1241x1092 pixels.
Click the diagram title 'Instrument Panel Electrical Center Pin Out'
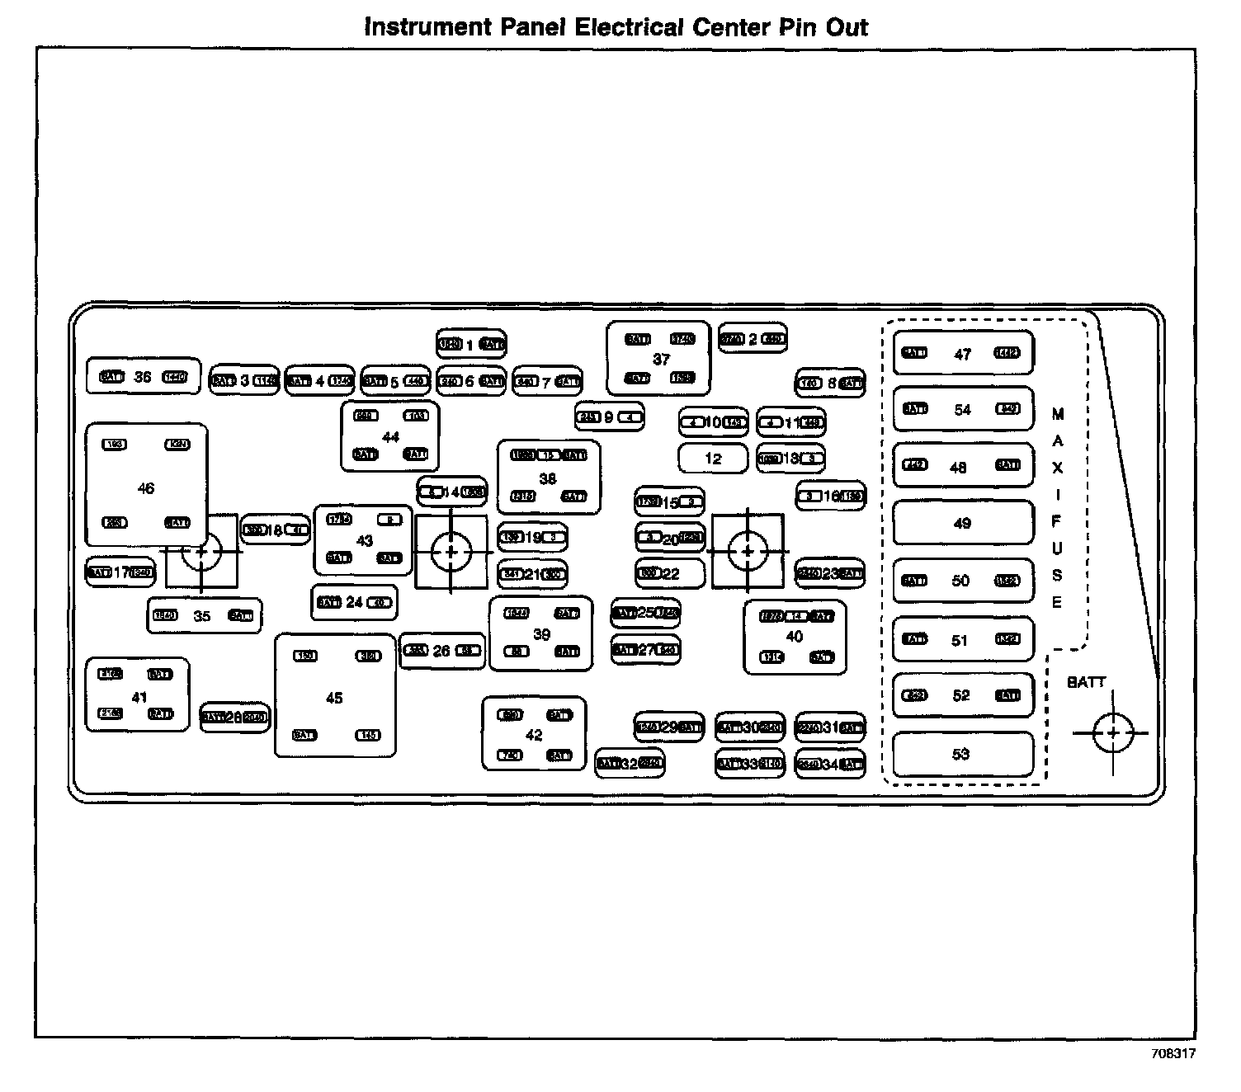(x=616, y=27)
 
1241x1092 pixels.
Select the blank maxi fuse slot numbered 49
(x=962, y=523)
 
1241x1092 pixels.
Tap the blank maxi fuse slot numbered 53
(x=962, y=754)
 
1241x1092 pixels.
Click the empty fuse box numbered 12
(x=713, y=458)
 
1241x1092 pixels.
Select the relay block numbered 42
(x=534, y=734)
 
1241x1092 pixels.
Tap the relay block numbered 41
(x=137, y=694)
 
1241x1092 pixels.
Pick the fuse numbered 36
(x=144, y=377)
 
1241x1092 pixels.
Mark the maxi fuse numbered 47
(x=962, y=354)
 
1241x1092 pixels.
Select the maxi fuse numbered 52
(x=962, y=695)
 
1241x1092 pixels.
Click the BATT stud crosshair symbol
(x=1112, y=732)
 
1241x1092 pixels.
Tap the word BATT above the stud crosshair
(x=1086, y=682)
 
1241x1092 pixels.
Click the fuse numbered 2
(x=752, y=339)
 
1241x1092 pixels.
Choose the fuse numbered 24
(x=354, y=602)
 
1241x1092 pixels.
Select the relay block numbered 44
(x=389, y=435)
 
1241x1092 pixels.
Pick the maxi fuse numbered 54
(x=962, y=409)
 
